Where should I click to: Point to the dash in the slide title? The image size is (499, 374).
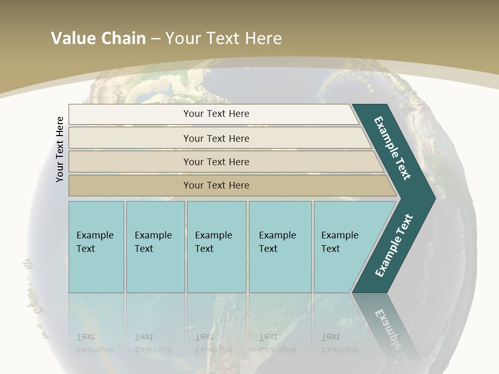point(155,38)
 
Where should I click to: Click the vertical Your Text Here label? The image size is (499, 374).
point(60,149)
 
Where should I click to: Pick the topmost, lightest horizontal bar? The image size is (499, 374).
point(216,114)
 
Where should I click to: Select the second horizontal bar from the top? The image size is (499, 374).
point(216,138)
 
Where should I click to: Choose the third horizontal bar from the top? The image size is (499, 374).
point(216,162)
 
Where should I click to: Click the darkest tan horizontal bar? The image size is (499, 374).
point(216,185)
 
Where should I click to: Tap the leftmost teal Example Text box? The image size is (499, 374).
point(96,247)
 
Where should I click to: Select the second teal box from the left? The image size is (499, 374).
point(155,247)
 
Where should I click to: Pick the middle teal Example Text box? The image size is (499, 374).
point(216,247)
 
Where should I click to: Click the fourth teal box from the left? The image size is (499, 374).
point(280,247)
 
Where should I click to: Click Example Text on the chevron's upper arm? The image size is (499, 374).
point(392,148)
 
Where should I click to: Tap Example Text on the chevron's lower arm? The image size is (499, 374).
point(393,246)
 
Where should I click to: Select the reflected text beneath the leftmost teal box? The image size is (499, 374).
point(95,343)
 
